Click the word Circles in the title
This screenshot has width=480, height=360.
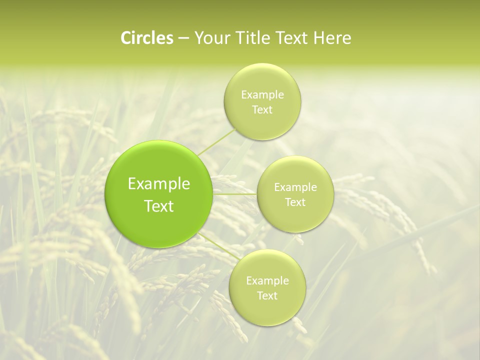[x=146, y=38]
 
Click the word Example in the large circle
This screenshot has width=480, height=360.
[x=159, y=184]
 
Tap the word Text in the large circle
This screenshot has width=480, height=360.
[x=159, y=206]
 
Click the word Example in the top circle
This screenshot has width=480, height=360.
[x=262, y=95]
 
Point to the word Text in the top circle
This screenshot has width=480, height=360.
[x=262, y=110]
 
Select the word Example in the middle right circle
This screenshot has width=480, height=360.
[x=295, y=187]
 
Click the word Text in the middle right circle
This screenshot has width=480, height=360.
[x=295, y=202]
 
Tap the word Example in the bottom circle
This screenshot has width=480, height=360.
[x=267, y=281]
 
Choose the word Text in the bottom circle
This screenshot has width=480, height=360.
[x=267, y=296]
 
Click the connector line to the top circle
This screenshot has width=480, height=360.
[x=216, y=142]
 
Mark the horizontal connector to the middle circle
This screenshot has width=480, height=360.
[x=235, y=194]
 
